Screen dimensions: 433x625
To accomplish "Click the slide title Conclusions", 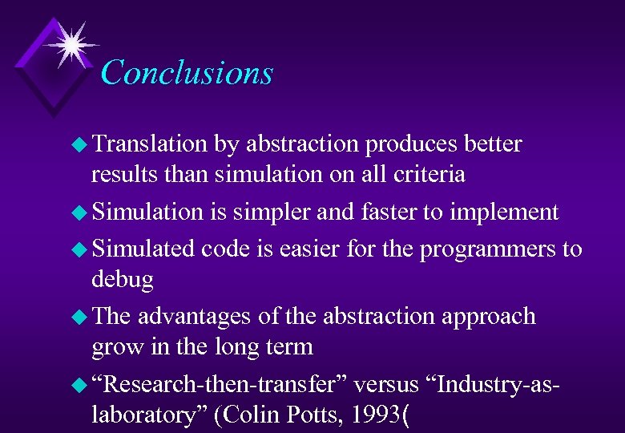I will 187,72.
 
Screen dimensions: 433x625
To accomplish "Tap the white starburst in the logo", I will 70,45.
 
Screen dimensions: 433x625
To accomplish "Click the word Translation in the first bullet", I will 150,144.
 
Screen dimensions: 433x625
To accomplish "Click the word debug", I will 123,279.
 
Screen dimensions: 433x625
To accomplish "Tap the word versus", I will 386,385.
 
